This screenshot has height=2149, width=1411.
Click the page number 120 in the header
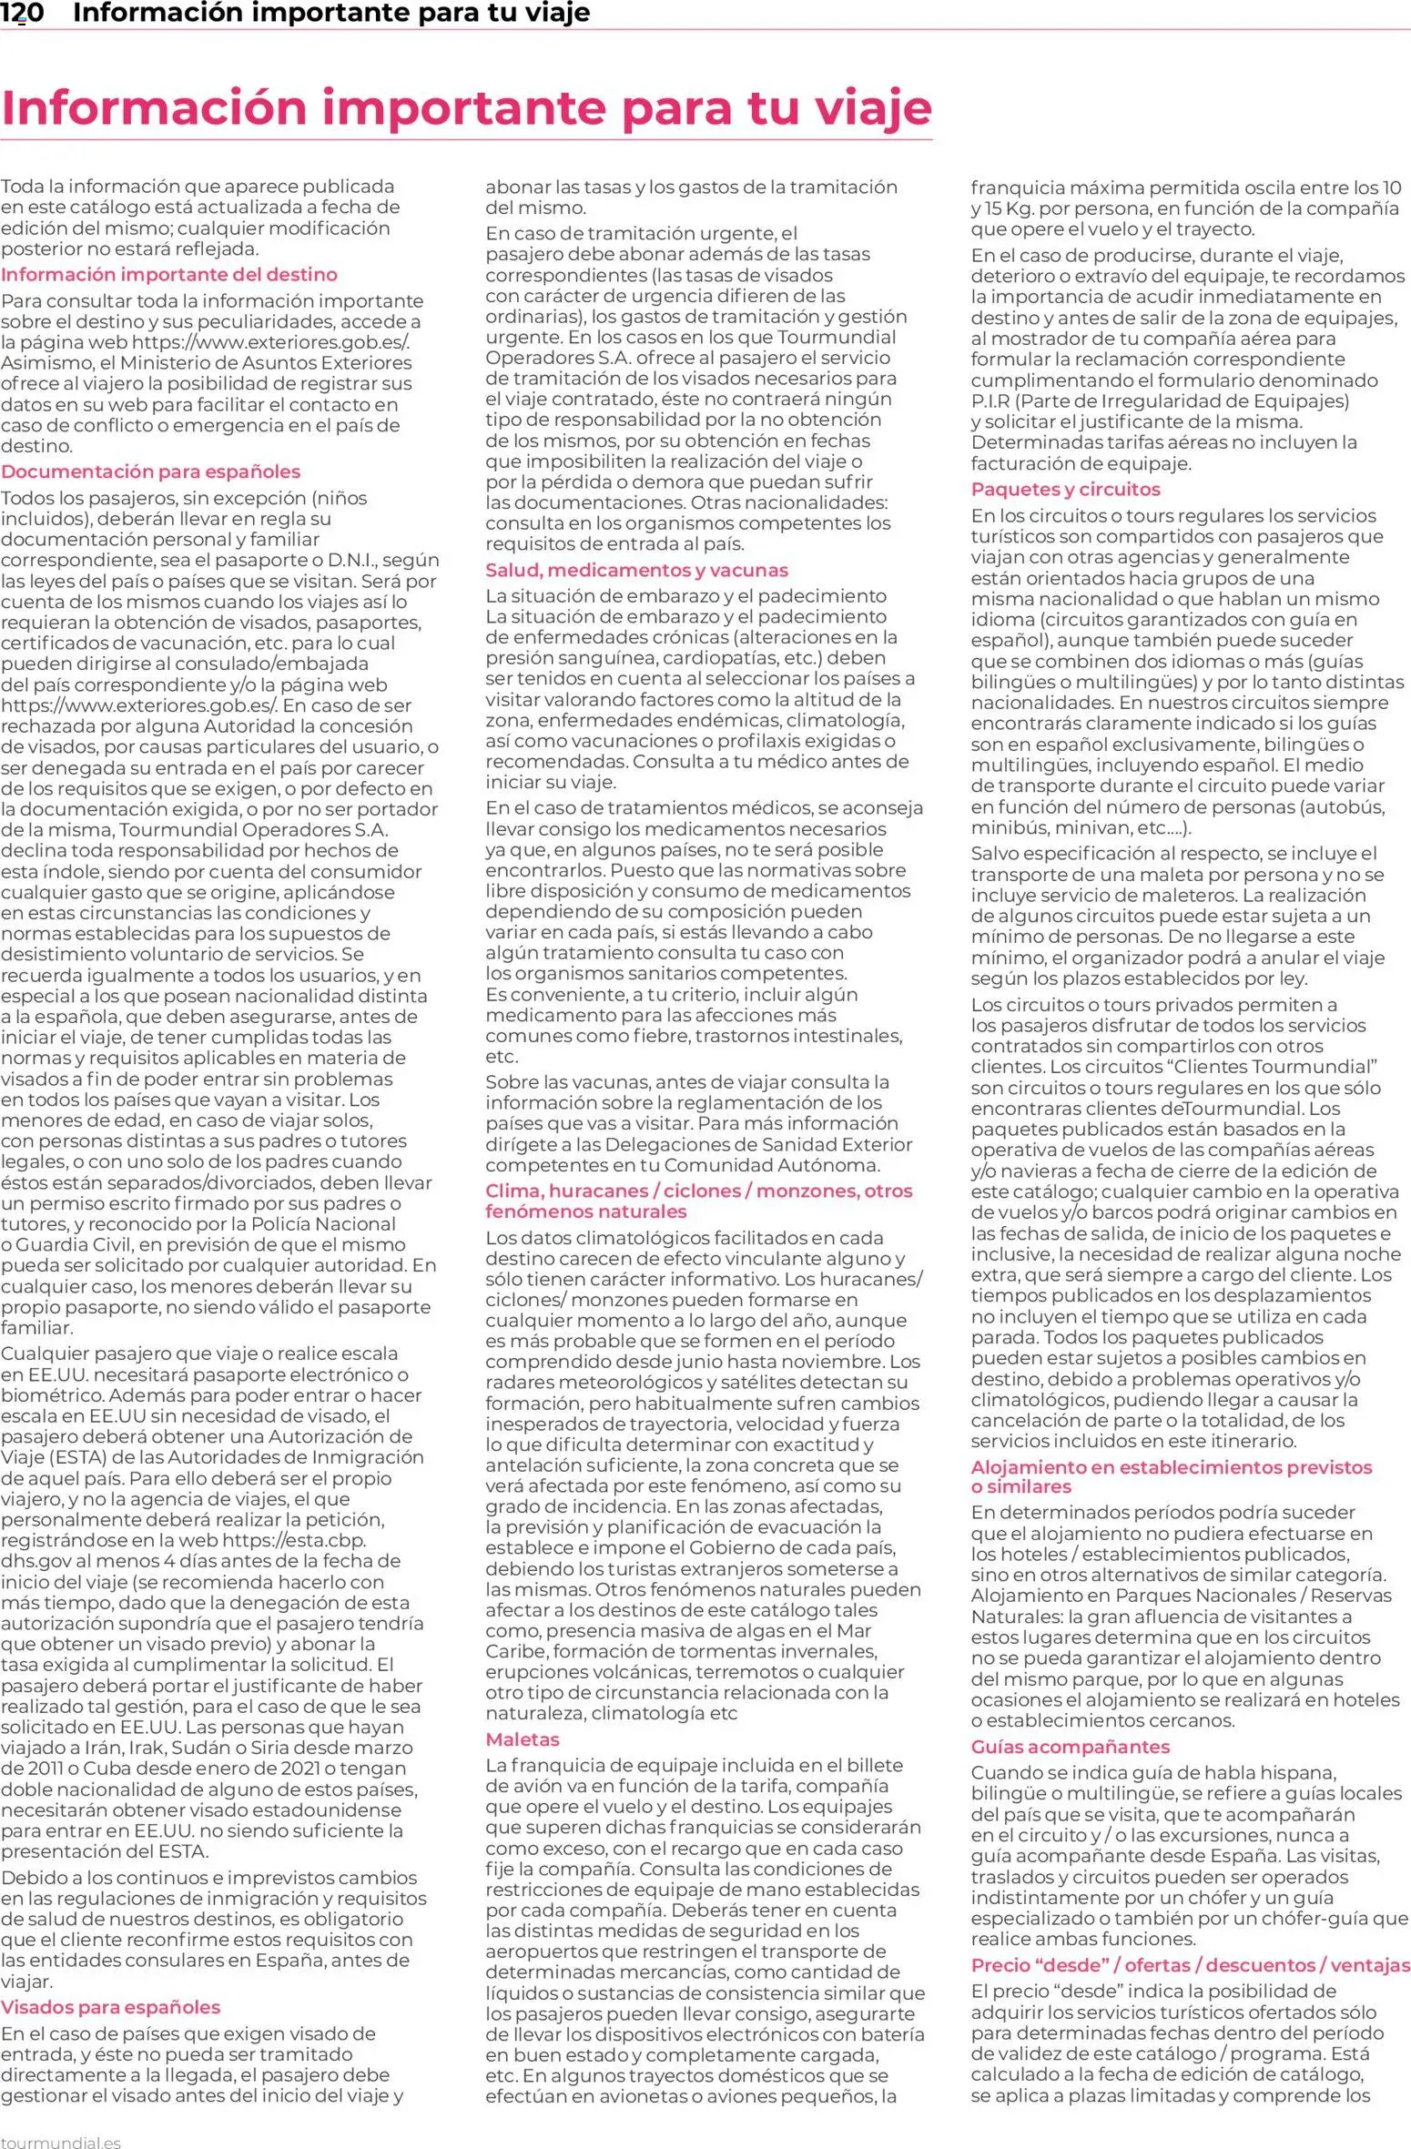[x=22, y=13]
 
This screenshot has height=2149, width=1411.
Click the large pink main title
[x=466, y=107]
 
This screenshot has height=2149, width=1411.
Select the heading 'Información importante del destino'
[x=169, y=274]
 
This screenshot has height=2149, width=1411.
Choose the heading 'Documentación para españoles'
[x=150, y=471]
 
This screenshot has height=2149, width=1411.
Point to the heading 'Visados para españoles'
[x=110, y=2007]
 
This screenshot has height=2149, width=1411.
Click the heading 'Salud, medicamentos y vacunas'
[x=636, y=570]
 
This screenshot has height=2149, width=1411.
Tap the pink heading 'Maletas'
[x=522, y=1739]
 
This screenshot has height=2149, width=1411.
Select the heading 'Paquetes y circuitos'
[x=1065, y=489]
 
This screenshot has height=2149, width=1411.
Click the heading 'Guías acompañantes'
[x=1070, y=1747]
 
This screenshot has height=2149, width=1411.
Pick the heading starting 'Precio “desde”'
[x=1190, y=1965]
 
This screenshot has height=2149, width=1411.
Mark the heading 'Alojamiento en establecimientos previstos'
[x=1171, y=1467]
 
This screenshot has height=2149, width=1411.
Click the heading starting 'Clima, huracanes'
[x=698, y=1191]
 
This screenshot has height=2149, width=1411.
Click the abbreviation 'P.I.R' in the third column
[x=990, y=401]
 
